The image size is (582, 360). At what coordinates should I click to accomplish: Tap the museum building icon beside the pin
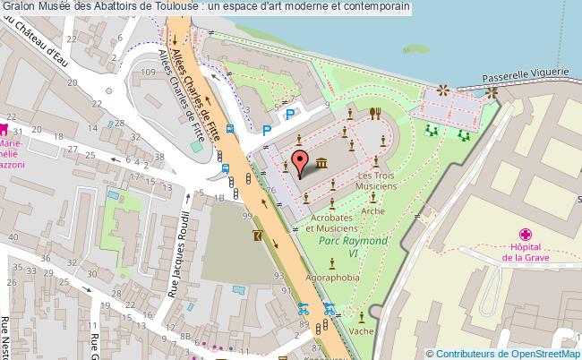point(320,161)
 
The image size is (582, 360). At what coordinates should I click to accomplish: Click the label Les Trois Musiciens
point(376,181)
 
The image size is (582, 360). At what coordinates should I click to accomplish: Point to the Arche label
point(373,211)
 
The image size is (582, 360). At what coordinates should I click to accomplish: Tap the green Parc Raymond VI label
point(355,242)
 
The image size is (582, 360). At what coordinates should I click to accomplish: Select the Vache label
point(363,330)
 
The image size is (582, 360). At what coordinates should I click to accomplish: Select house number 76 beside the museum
point(270,190)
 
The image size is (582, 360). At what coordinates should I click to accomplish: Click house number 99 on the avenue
point(245,215)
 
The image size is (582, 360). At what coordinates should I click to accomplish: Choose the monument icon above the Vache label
point(362,316)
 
